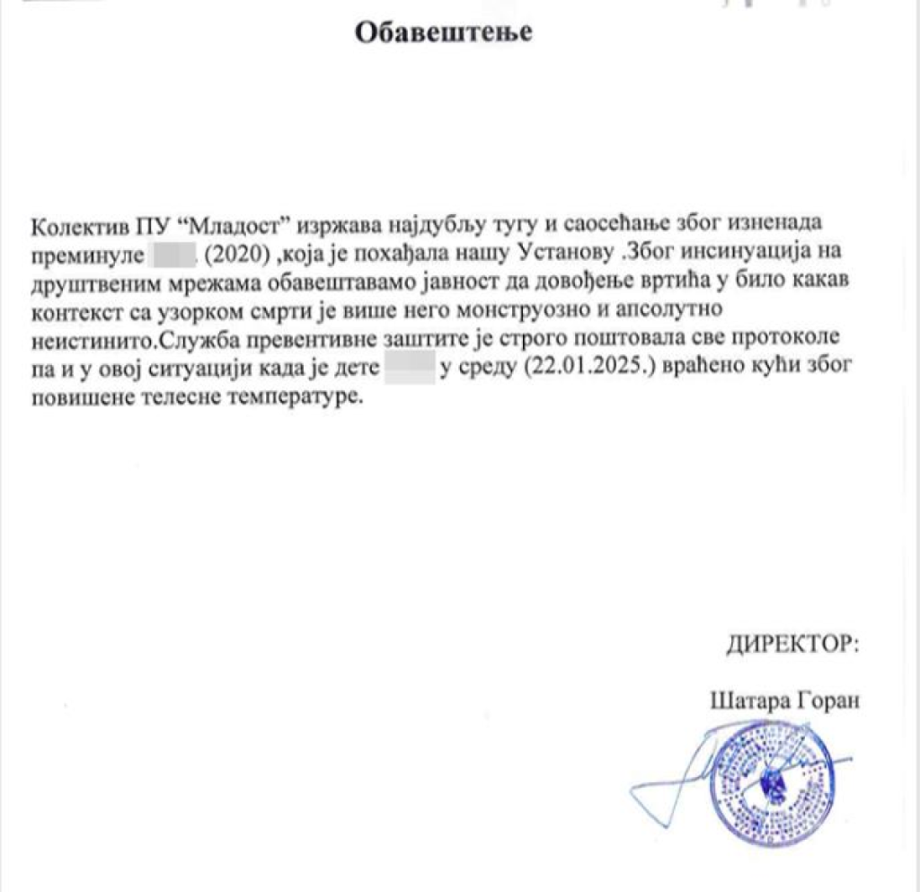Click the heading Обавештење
click(x=444, y=33)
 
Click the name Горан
click(x=824, y=700)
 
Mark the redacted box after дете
click(x=409, y=370)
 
